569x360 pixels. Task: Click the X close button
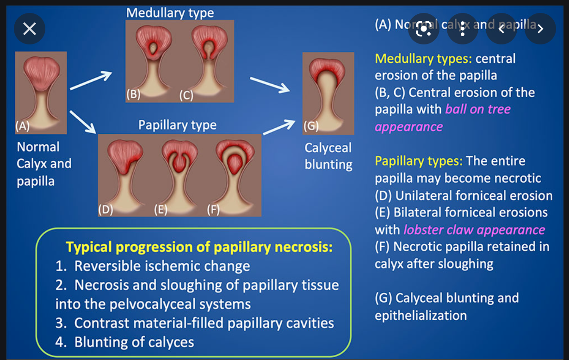pos(30,29)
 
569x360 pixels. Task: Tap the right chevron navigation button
pos(539,29)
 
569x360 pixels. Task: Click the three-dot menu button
pos(462,29)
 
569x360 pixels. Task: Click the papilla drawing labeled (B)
pos(153,60)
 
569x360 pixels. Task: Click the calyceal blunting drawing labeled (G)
pos(328,93)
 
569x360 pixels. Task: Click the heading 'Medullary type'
pos(170,13)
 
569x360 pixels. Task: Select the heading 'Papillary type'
pos(177,125)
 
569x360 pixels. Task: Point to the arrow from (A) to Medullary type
pos(91,81)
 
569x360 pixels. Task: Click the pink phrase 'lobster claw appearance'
pos(474,230)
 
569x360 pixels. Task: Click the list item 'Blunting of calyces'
pos(134,342)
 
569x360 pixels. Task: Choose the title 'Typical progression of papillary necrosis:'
pos(199,247)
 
